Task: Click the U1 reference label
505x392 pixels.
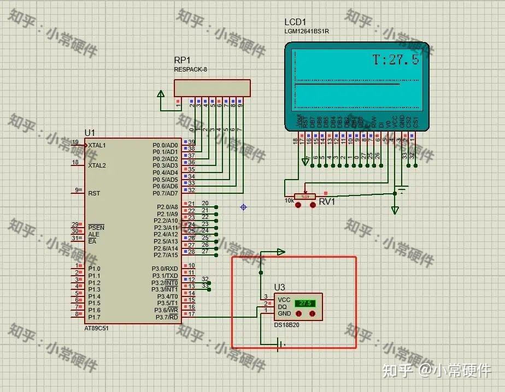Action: point(90,133)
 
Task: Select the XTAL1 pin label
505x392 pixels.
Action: point(97,146)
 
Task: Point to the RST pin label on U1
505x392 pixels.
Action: point(94,193)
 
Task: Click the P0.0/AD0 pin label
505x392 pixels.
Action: point(165,145)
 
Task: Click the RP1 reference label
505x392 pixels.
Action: point(182,60)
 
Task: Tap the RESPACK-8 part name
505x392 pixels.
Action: point(191,70)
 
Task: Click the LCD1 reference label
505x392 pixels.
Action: point(295,22)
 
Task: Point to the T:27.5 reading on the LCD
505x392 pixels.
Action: point(396,60)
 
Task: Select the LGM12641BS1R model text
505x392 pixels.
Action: point(307,32)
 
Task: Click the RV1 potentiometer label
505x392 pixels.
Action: point(327,202)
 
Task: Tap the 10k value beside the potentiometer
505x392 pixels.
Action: point(289,200)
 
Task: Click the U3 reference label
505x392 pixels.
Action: point(279,288)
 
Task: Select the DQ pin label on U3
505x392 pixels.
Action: point(283,306)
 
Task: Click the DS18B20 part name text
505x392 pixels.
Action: point(286,325)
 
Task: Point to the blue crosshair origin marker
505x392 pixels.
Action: point(244,207)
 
